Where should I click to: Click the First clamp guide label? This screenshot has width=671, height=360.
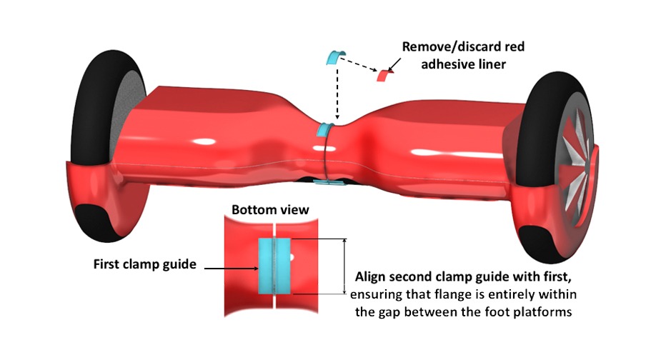click(145, 264)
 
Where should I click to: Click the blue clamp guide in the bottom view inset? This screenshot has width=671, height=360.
click(274, 266)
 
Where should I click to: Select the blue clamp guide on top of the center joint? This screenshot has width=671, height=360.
click(324, 131)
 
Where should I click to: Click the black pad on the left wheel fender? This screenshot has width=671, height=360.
click(93, 219)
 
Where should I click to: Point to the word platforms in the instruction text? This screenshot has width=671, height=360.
click(541, 311)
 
